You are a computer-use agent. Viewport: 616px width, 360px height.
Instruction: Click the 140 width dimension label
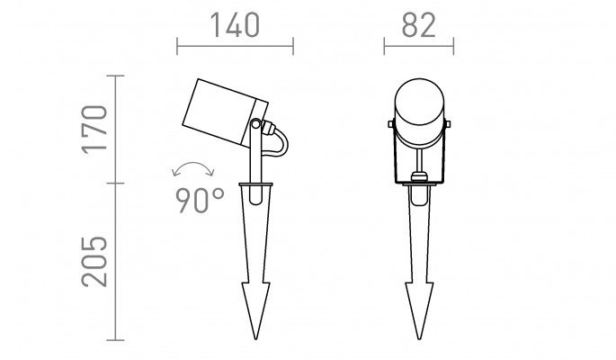click(x=235, y=25)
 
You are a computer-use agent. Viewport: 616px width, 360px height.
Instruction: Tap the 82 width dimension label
click(x=419, y=25)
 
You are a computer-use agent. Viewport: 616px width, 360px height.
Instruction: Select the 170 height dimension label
click(x=94, y=130)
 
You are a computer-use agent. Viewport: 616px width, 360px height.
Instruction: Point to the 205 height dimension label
click(x=94, y=261)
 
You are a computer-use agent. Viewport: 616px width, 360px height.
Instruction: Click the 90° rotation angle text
click(x=200, y=201)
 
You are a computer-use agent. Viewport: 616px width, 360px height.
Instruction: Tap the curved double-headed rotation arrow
click(x=193, y=163)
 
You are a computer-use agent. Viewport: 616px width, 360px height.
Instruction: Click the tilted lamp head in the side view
click(x=225, y=112)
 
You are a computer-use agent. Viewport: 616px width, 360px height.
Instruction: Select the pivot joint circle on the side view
click(x=255, y=124)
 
